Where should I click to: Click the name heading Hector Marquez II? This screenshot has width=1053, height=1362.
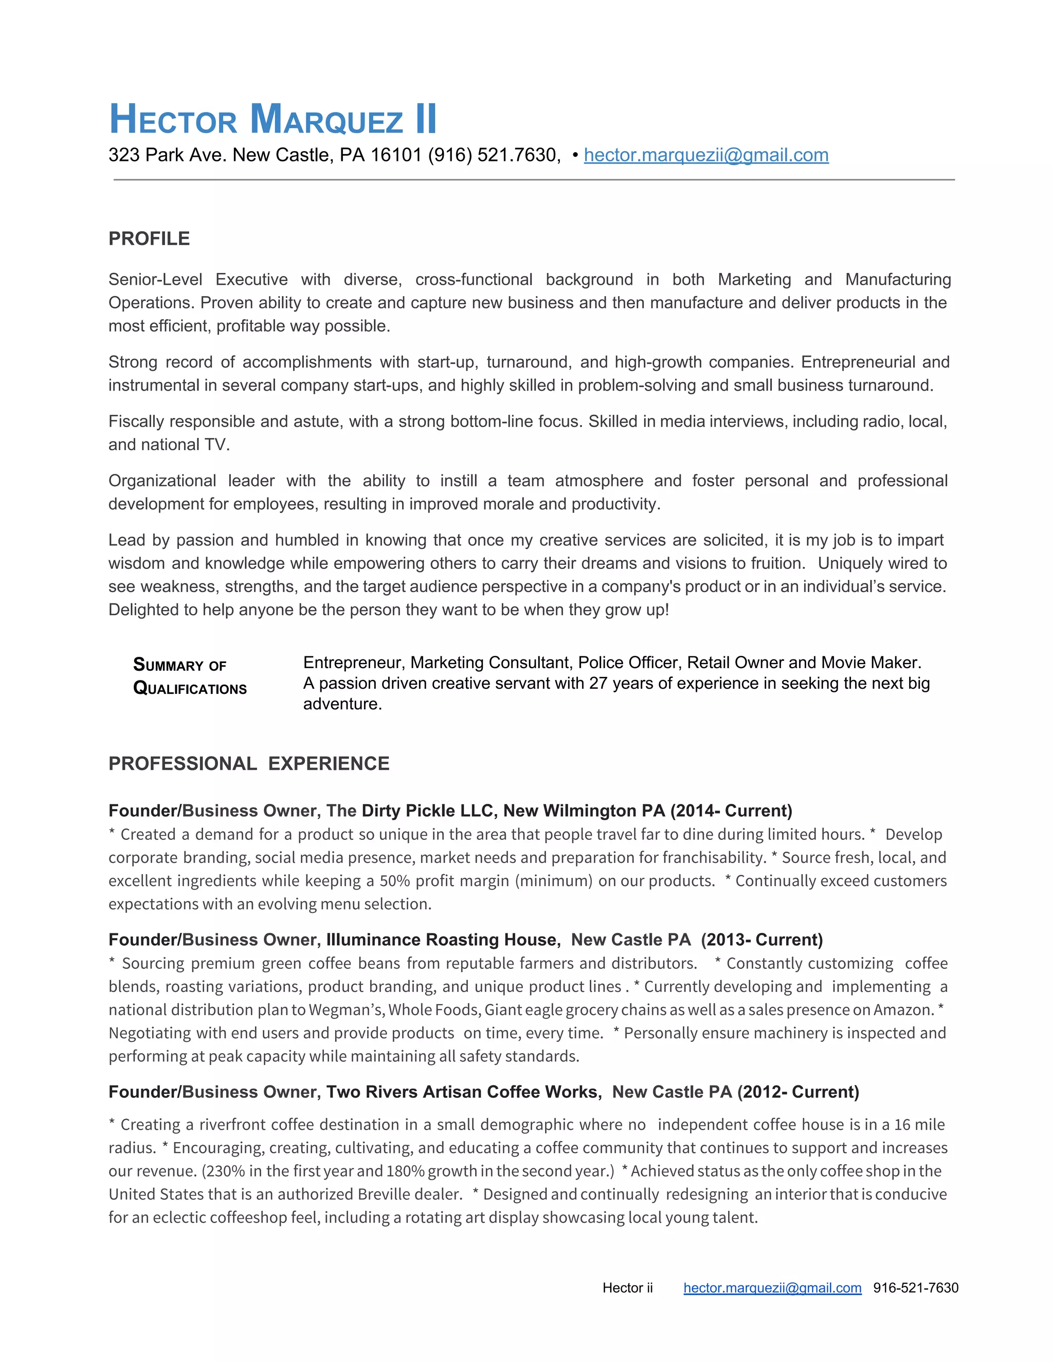(x=273, y=119)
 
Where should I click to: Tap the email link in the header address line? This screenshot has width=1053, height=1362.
(x=705, y=155)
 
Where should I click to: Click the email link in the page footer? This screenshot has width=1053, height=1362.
(x=772, y=1288)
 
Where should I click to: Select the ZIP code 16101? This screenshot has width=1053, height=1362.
(x=396, y=155)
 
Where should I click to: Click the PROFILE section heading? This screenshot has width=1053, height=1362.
(x=149, y=238)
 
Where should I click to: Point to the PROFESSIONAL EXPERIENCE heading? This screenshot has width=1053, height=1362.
(x=249, y=763)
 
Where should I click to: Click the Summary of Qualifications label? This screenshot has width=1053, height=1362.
(x=190, y=677)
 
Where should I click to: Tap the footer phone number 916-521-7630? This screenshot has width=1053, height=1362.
(x=915, y=1288)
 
